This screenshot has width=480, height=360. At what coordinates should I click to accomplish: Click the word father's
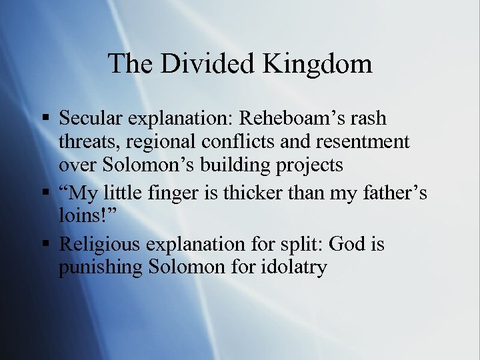395,194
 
